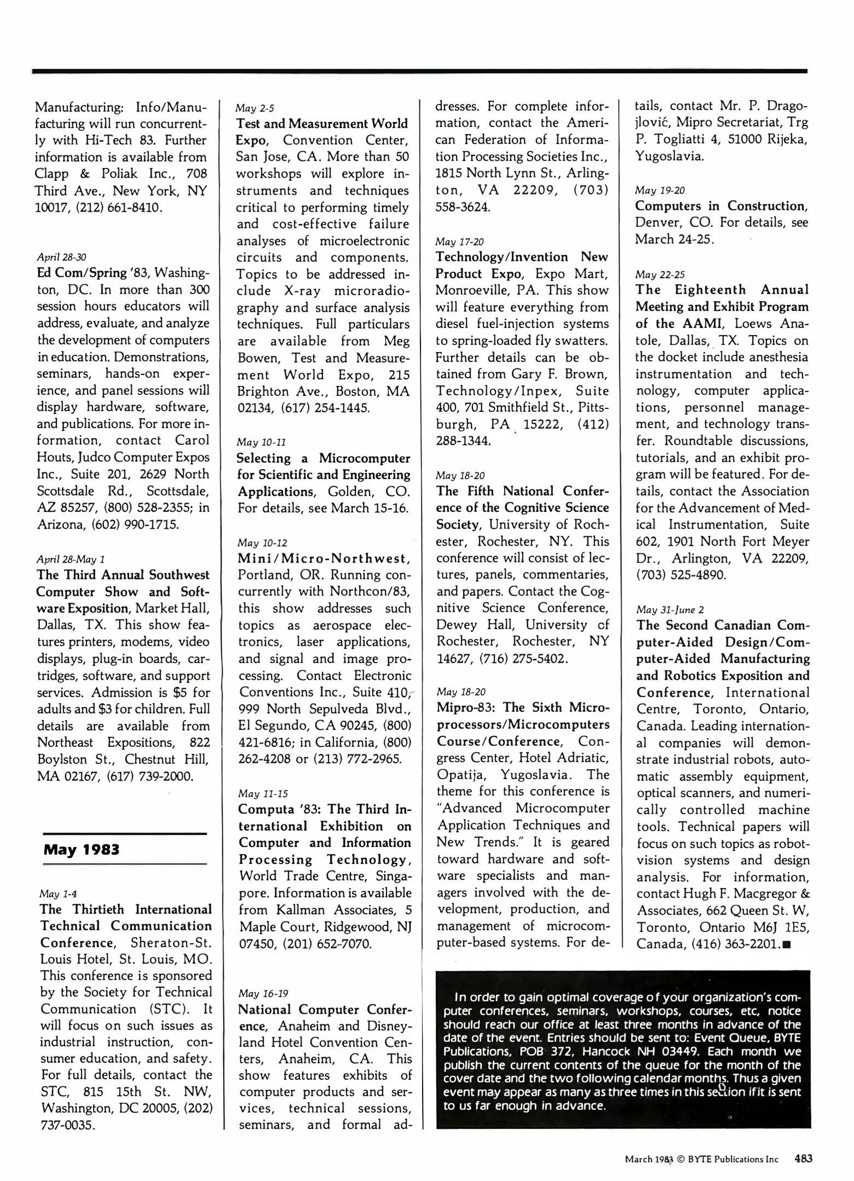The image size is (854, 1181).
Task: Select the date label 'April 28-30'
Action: [61, 256]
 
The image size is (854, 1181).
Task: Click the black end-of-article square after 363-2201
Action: [787, 944]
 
